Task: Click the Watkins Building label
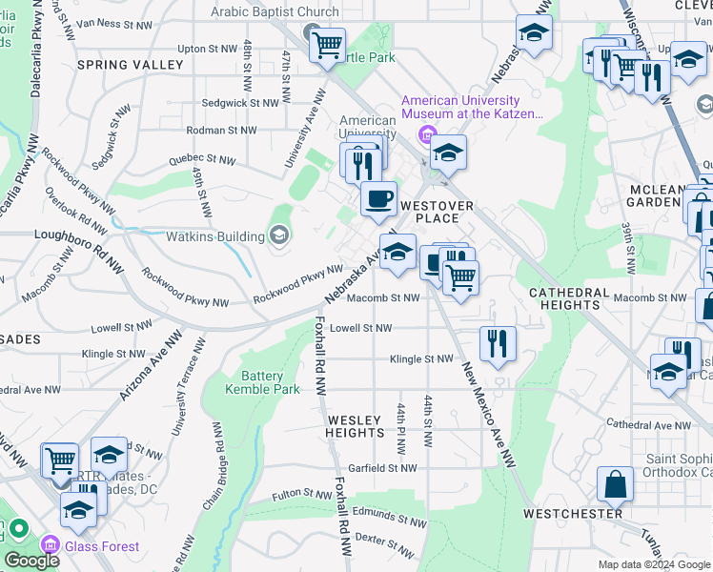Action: coord(216,236)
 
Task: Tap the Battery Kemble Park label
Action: coord(263,382)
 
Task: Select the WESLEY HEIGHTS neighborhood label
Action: coord(355,426)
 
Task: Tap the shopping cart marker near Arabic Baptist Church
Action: coord(327,44)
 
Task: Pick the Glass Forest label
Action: coord(102,547)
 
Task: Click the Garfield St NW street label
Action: coord(381,468)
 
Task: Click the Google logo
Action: coord(31,561)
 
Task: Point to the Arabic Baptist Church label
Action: coord(275,12)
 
